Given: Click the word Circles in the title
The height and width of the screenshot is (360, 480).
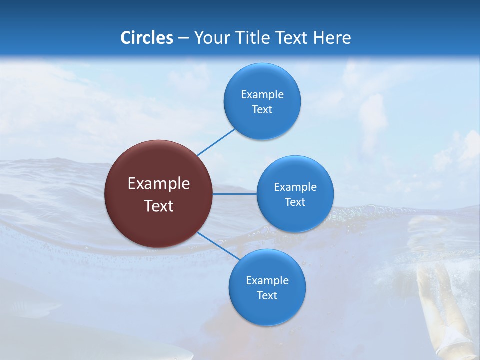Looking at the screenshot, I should [147, 38].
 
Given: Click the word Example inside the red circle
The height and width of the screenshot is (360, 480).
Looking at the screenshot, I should [159, 184].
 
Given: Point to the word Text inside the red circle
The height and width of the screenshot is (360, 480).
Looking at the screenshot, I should [159, 206].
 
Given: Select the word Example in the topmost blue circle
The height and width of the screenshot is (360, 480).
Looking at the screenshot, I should [262, 94].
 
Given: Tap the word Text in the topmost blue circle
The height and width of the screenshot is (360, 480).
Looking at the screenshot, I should [262, 110].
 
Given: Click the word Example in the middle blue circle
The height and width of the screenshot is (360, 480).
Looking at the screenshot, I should [295, 187].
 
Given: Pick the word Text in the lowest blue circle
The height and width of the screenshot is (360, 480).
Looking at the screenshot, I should [267, 295].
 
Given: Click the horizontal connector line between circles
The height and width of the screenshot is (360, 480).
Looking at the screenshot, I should [235, 194].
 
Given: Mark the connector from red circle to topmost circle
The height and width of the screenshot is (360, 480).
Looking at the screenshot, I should [216, 142].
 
